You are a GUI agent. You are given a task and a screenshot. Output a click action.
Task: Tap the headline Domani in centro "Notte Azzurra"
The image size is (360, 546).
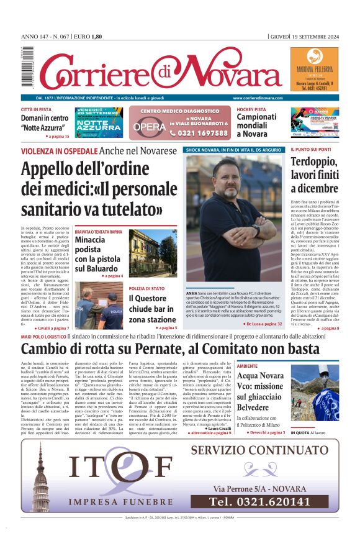[x=45, y=121]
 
